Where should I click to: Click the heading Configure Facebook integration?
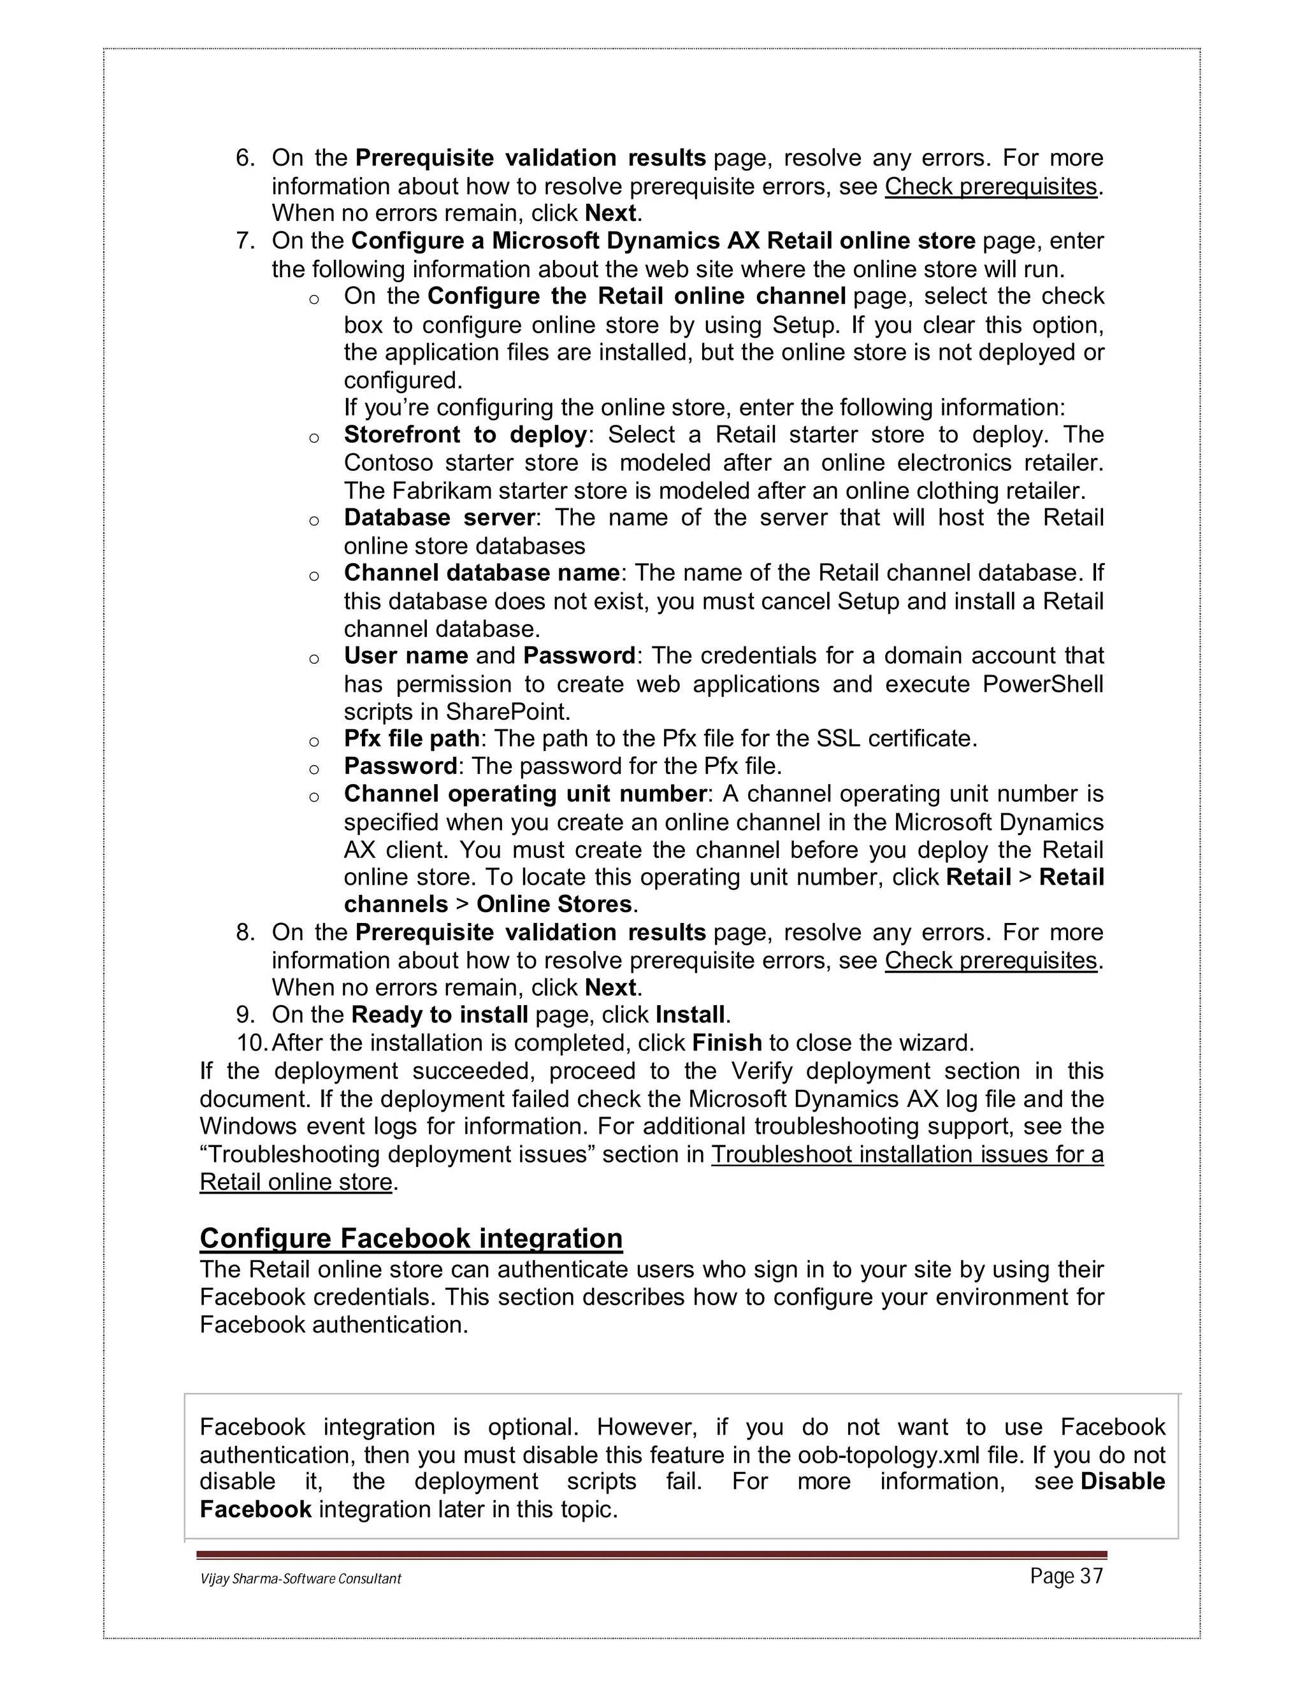(410, 1238)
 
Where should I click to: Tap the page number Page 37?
(1066, 1576)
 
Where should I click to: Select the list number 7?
(245, 241)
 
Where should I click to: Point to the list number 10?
(251, 1043)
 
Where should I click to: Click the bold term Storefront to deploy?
(465, 434)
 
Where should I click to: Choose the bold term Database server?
(438, 517)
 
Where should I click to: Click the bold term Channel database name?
(481, 573)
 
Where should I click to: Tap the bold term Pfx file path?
(410, 739)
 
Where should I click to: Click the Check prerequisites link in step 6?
(990, 186)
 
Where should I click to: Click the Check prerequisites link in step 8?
(990, 961)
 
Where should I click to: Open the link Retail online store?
(295, 1182)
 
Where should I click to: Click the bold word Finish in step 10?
(726, 1043)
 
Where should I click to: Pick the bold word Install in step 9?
(690, 1015)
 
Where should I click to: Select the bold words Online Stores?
(554, 905)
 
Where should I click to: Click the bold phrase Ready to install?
(439, 1015)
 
